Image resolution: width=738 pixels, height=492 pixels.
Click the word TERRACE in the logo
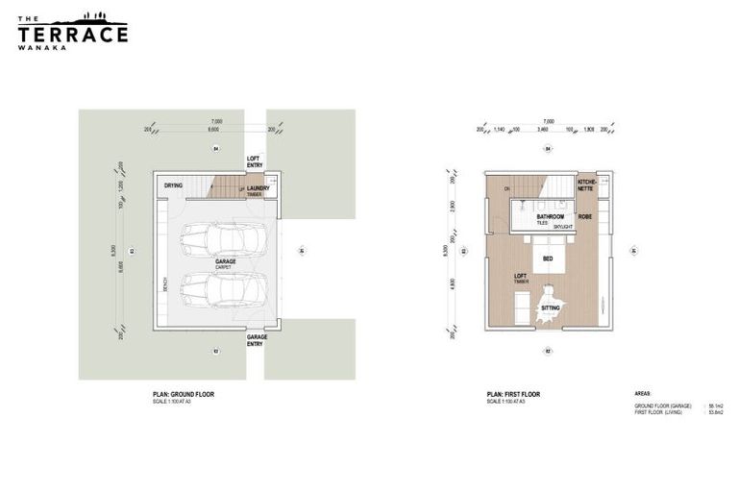point(72,35)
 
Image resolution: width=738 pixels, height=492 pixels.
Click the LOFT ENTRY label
point(255,161)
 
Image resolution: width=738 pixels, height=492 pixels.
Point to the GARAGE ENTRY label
point(257,340)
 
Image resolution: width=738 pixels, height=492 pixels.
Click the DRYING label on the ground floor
point(173,185)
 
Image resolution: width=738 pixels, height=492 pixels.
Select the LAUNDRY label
point(256,188)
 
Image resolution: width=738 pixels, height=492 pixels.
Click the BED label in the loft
point(547,259)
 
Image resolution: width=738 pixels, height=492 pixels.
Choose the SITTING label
point(550,308)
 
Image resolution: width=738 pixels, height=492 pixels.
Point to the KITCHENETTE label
point(587,184)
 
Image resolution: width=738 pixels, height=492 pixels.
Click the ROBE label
point(585,217)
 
